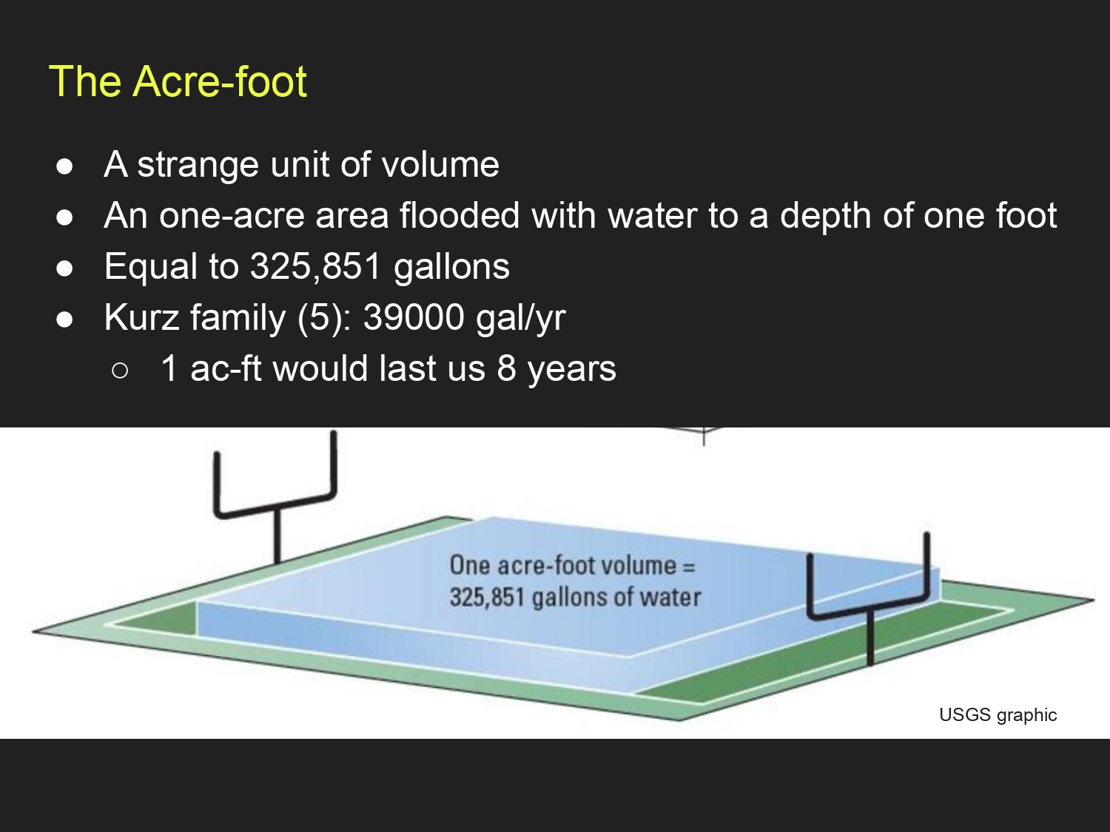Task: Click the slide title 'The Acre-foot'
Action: [178, 81]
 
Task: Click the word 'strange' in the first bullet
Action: [198, 165]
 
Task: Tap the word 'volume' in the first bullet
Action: [440, 165]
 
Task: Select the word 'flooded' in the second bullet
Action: [460, 215]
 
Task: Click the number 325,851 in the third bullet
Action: [315, 267]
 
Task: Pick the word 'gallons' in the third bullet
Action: [451, 268]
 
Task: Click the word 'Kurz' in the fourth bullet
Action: [141, 317]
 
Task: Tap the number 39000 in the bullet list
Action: [414, 317]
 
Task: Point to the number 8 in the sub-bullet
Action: [506, 368]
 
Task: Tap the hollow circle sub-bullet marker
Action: [120, 371]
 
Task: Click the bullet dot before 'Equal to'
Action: [64, 268]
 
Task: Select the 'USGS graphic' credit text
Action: [998, 715]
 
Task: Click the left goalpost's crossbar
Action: [275, 505]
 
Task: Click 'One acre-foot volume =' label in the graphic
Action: [573, 565]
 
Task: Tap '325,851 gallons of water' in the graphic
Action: [575, 598]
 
